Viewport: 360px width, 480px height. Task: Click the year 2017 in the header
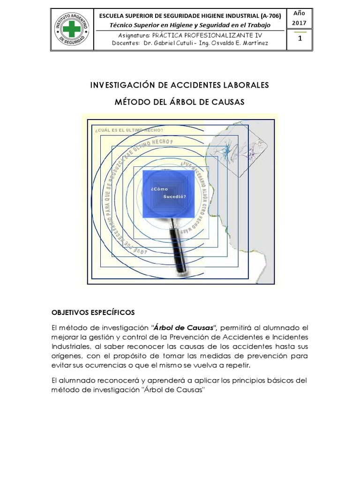coord(300,23)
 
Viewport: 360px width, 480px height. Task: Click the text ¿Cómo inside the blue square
coord(159,189)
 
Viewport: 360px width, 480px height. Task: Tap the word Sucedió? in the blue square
coord(174,197)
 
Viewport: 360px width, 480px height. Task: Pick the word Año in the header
coord(300,13)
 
